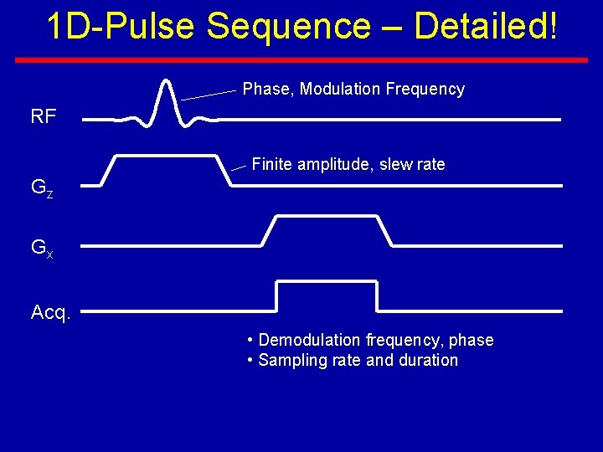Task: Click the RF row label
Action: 44,116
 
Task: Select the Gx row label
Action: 42,248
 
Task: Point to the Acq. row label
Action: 51,313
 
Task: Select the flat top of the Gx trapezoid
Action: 326,216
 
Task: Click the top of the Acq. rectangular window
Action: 327,282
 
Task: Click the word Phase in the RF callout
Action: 265,90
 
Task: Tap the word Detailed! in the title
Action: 485,27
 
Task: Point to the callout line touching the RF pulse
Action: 209,95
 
